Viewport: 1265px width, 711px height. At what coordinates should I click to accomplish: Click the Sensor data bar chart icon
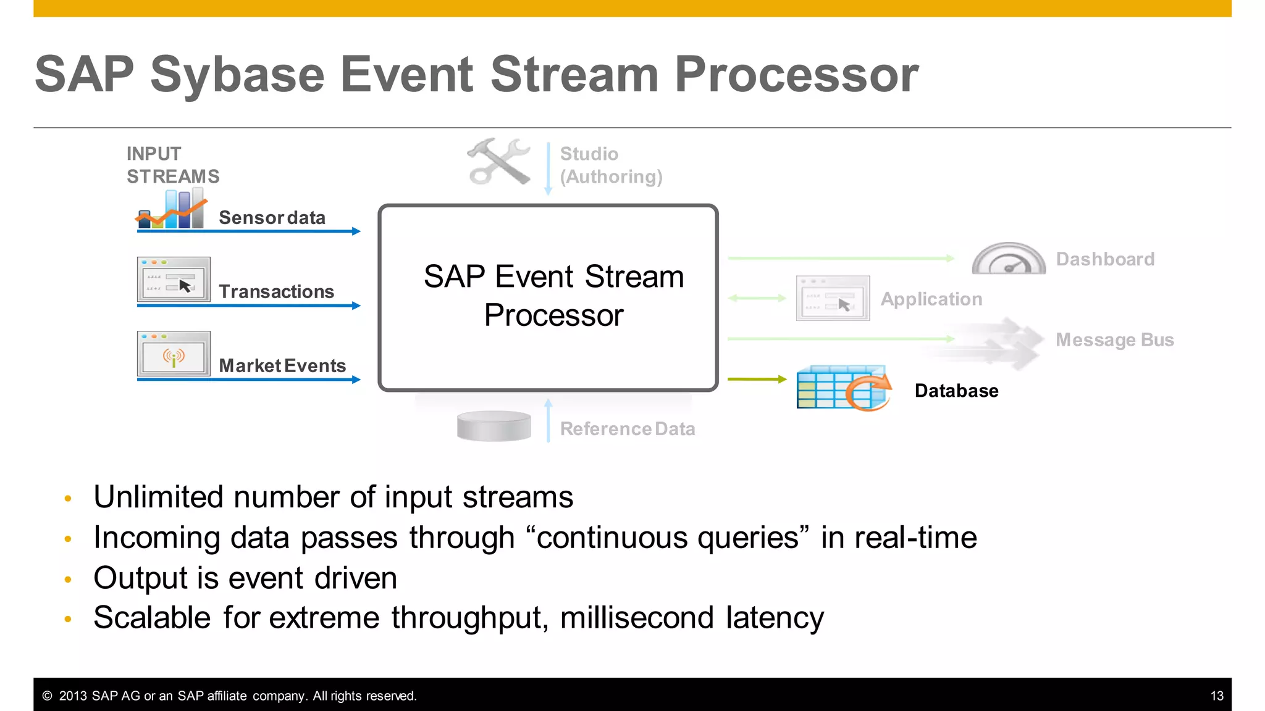(171, 210)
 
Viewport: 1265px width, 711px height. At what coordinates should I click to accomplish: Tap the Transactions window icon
(174, 280)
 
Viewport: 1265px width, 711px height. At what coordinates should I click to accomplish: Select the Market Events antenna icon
(174, 354)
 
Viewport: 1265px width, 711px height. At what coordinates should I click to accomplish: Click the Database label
(956, 391)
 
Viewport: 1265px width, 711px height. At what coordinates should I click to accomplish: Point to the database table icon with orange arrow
(843, 388)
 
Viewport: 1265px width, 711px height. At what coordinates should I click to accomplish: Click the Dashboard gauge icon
(1009, 259)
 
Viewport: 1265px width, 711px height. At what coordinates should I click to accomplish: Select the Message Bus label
(1114, 339)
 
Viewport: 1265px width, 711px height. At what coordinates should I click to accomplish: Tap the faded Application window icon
(833, 299)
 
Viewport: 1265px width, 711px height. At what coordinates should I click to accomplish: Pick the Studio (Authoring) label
(610, 165)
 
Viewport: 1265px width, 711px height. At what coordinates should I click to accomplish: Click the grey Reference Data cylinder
(494, 426)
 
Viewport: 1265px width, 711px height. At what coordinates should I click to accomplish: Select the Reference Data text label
(627, 429)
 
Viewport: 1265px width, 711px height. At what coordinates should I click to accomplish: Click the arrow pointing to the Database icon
(757, 379)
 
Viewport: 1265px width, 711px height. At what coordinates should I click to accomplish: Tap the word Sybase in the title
(237, 75)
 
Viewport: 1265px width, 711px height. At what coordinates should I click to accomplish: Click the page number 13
(1216, 696)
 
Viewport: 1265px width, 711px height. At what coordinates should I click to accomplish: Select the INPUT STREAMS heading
(172, 165)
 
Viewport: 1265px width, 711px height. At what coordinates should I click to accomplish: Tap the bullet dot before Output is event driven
(68, 579)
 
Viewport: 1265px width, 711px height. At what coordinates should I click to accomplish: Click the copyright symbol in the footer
(47, 696)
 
